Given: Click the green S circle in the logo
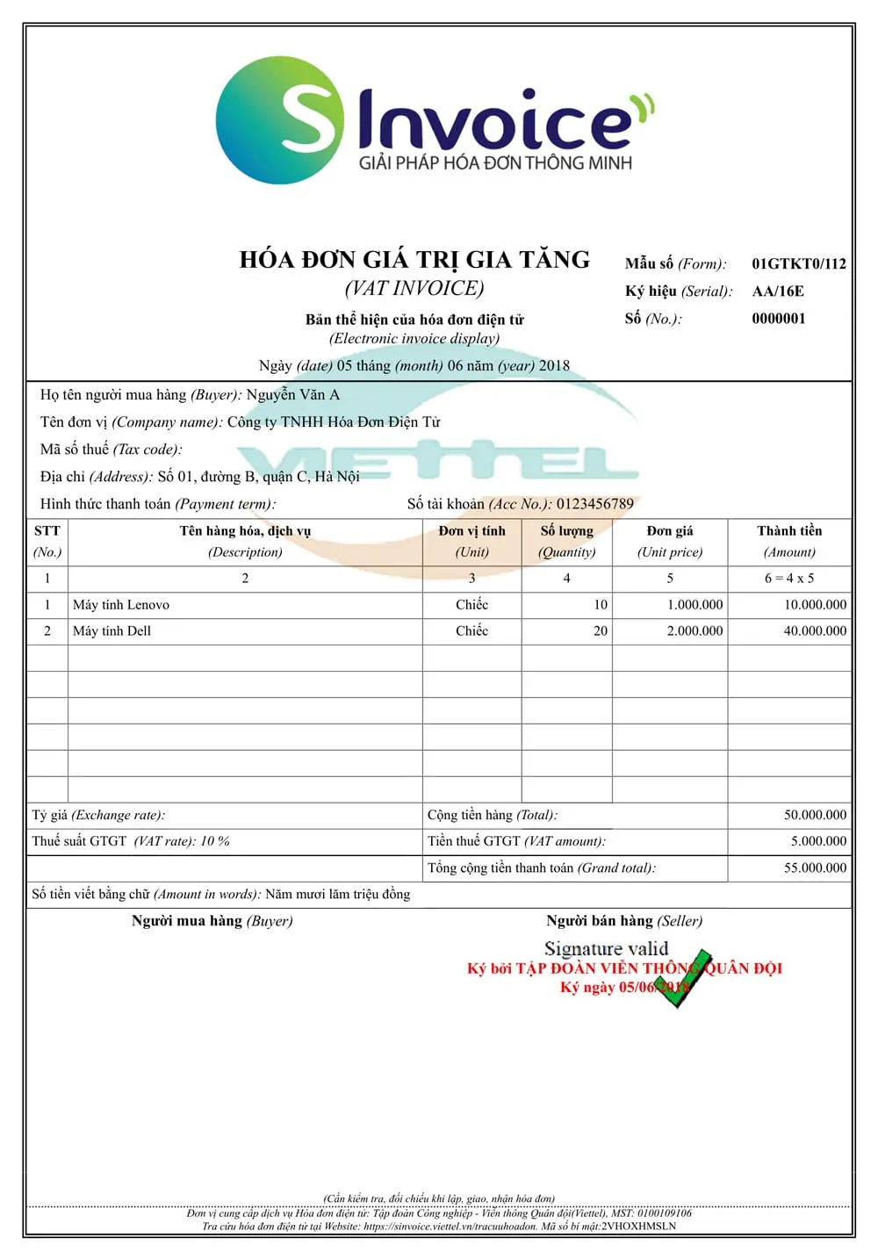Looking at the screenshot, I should [279, 120].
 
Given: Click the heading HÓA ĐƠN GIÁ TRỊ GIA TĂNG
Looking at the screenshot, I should [414, 260].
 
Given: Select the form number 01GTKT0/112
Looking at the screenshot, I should [798, 263].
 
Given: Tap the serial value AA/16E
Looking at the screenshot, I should [777, 292].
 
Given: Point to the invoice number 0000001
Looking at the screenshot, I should [778, 319].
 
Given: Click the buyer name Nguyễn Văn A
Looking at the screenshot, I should [292, 395].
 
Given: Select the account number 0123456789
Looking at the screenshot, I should [594, 504].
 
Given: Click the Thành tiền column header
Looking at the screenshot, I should [789, 531].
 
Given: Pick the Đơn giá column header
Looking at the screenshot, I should [670, 531].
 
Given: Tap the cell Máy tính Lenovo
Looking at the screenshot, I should [121, 605].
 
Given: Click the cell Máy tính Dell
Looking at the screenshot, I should [112, 631].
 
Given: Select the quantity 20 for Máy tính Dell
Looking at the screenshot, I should [601, 631].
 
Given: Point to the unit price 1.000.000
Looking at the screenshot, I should [694, 605].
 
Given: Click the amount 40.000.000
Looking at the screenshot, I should [815, 631].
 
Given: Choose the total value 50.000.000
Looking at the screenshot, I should [815, 815].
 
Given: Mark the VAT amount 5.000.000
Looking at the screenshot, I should [818, 841].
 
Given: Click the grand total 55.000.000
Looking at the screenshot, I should [815, 868].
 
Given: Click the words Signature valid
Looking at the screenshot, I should [606, 948].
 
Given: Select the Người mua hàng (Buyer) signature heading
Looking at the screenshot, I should [212, 921].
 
